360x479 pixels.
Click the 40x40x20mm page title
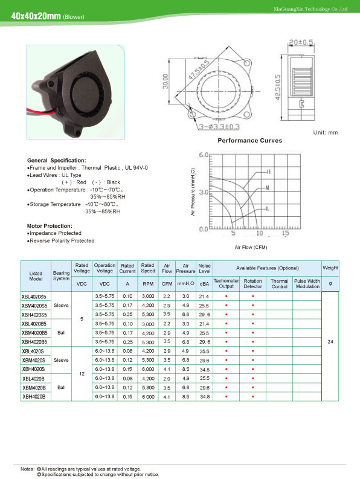[36, 16]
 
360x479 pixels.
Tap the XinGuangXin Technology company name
[310, 9]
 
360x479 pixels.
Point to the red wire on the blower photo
[40, 112]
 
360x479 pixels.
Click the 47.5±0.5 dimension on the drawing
[199, 70]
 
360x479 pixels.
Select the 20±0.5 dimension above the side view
[301, 42]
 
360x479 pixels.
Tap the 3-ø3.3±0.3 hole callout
[219, 126]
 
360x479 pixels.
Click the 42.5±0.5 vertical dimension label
[277, 88]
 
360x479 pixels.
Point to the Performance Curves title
[249, 141]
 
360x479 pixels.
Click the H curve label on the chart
[269, 172]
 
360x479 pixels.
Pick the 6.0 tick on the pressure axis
[204, 155]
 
